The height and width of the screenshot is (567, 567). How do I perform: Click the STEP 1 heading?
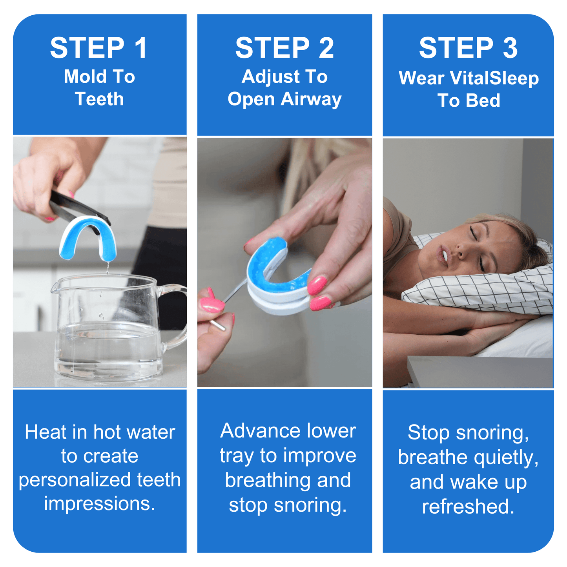pos(99,48)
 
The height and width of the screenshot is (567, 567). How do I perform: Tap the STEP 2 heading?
pos(284,48)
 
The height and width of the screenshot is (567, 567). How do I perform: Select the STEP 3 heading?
pos(468,48)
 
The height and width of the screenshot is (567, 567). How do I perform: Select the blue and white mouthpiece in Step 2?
pos(277,279)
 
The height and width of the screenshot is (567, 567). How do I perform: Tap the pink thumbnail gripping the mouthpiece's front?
pos(317,285)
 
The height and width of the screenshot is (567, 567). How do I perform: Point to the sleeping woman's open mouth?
pos(444,255)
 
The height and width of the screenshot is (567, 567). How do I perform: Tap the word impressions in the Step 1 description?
pos(100,504)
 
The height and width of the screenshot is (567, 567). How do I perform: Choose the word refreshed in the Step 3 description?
pos(468,507)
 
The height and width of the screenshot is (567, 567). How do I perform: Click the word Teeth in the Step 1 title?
pos(99,99)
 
